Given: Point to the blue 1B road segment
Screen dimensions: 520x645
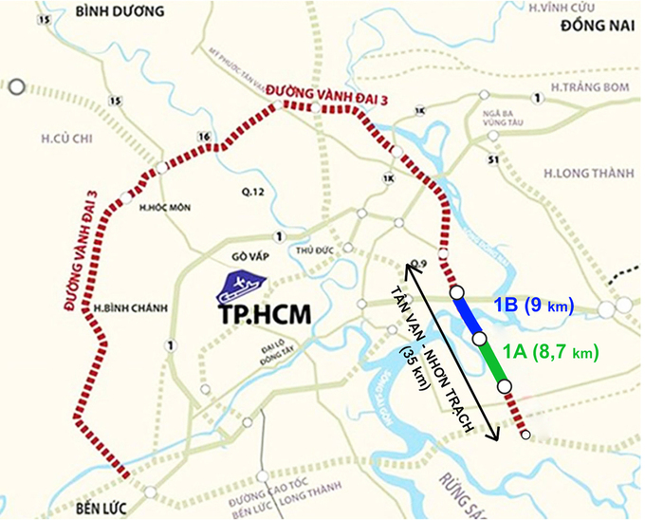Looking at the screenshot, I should click(468, 314).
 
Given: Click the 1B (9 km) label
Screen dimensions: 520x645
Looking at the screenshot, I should click(535, 306).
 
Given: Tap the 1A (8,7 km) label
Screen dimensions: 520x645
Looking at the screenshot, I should click(553, 351).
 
